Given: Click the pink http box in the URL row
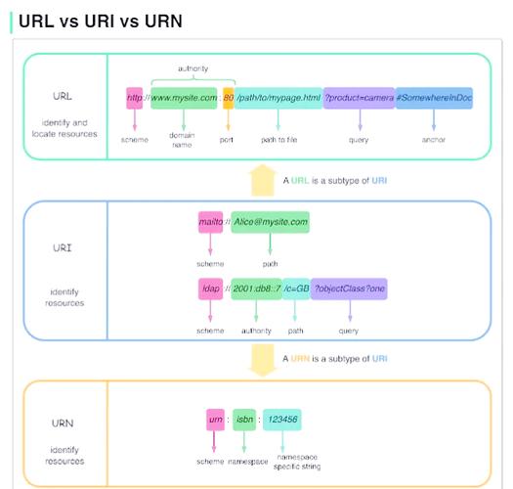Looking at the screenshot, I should (x=135, y=98).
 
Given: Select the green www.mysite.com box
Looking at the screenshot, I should (x=184, y=98).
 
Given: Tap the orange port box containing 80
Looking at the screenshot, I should (x=229, y=98).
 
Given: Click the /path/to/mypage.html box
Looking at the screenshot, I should (x=278, y=98).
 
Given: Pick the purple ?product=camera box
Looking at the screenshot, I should (x=359, y=98).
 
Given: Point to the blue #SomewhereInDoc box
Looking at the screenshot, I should (x=434, y=98).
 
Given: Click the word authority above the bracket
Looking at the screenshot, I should (x=192, y=68).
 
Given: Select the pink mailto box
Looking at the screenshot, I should (x=210, y=222).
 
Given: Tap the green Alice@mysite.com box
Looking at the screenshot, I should (x=270, y=222).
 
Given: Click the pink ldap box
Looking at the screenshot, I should (x=210, y=290).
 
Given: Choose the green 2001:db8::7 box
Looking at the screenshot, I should (x=256, y=290).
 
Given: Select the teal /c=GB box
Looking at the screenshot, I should (x=296, y=290).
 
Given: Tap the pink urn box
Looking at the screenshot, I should (x=216, y=419).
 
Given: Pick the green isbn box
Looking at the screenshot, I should (x=245, y=419).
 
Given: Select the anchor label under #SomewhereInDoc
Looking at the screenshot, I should (x=434, y=140).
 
